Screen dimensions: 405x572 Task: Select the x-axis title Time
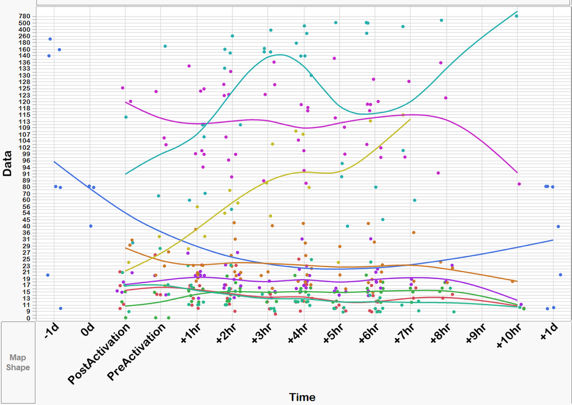click(x=302, y=397)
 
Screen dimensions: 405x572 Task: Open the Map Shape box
click(x=18, y=362)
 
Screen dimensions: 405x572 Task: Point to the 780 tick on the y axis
click(x=24, y=16)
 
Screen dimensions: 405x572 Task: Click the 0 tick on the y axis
click(x=28, y=318)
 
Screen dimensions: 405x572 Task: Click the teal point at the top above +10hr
click(x=516, y=16)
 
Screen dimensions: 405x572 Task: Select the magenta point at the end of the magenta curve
click(x=519, y=184)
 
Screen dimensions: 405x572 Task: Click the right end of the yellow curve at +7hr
click(x=410, y=119)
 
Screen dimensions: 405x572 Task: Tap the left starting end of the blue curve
click(x=54, y=162)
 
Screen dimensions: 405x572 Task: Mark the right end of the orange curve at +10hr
click(x=517, y=281)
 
